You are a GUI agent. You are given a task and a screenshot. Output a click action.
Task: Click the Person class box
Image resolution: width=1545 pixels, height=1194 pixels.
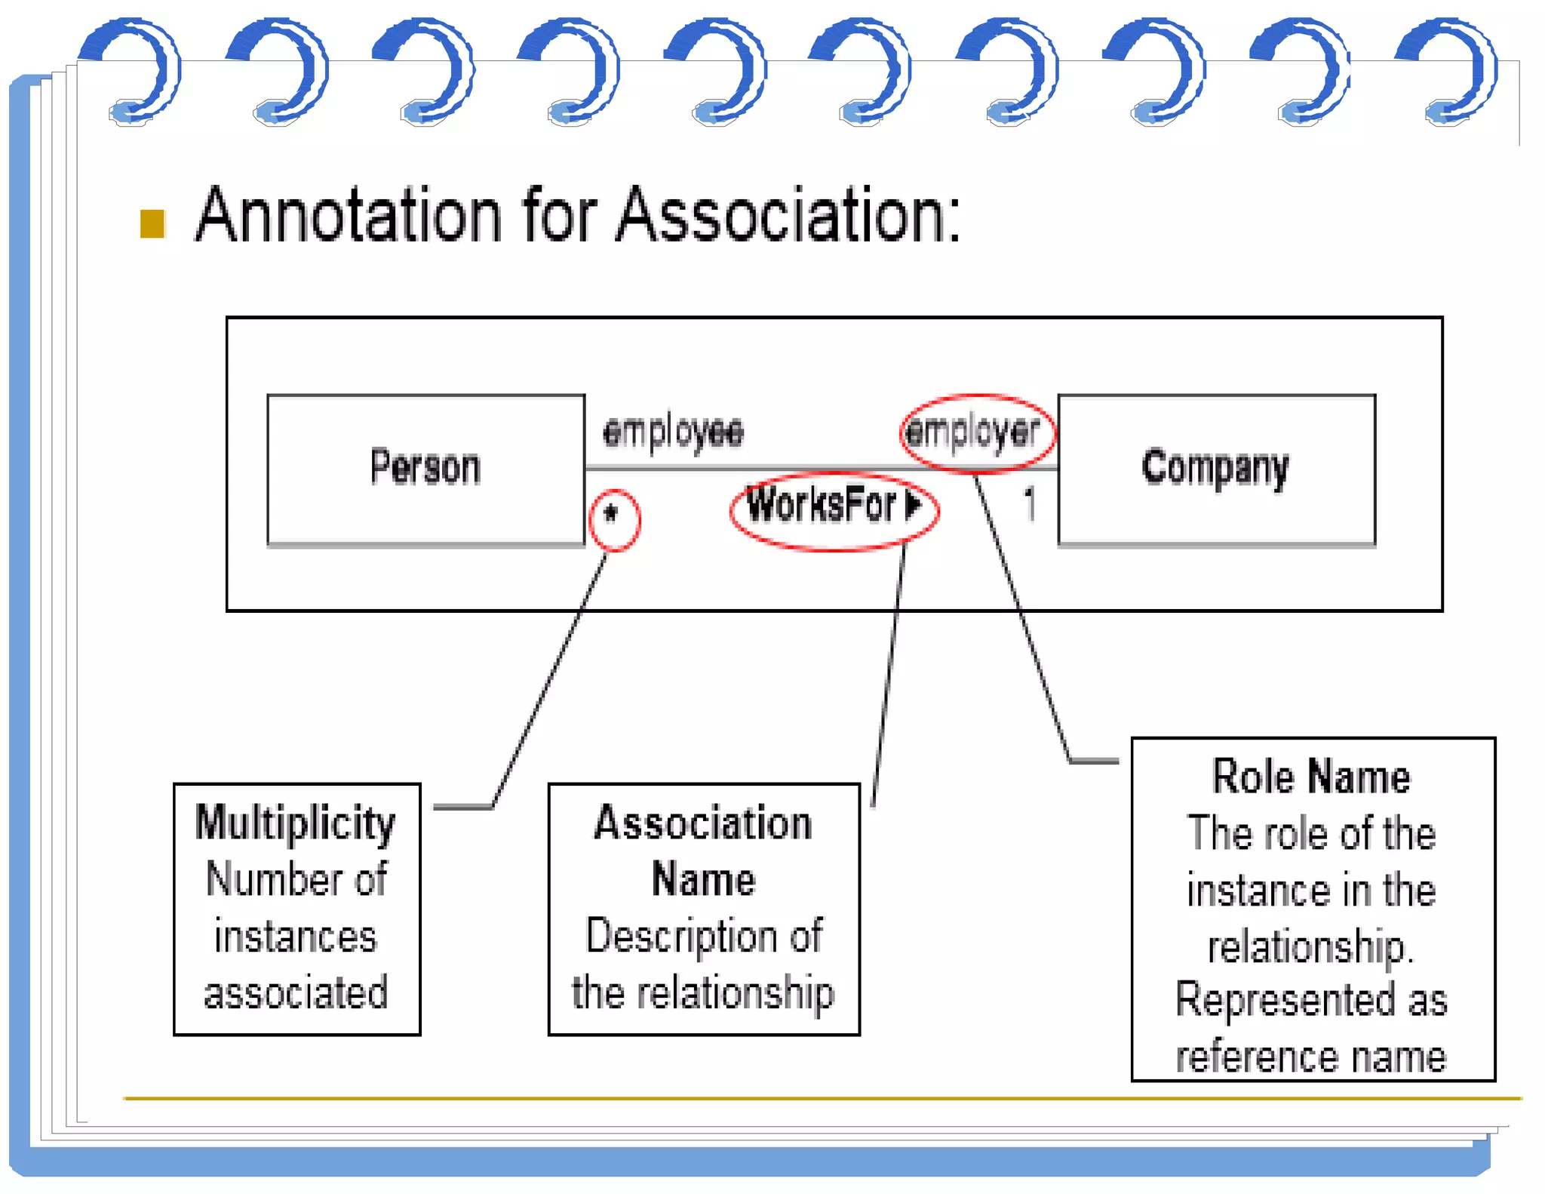click(425, 468)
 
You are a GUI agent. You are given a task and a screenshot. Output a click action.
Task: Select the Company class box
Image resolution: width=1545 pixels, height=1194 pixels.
click(1215, 468)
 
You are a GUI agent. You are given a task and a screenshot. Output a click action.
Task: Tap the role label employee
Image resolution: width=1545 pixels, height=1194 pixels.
click(673, 432)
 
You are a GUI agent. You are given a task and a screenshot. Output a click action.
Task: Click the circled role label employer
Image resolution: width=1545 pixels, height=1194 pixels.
click(973, 432)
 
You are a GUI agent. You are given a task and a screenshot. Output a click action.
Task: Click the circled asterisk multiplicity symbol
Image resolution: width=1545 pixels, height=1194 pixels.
click(612, 515)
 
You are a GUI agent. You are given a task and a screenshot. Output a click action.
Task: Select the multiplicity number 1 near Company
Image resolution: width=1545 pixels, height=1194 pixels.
click(1029, 503)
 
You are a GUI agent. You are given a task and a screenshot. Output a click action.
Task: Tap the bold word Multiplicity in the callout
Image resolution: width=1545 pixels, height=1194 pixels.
click(295, 823)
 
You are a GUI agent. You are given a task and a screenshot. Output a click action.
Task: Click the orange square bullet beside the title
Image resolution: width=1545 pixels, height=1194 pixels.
click(152, 224)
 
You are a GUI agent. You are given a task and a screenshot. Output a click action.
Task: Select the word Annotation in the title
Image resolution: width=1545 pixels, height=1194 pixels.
click(348, 216)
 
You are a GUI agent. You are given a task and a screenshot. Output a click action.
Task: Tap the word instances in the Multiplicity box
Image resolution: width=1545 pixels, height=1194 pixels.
click(295, 937)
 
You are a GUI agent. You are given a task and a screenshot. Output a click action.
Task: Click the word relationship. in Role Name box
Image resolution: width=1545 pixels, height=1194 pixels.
click(1311, 947)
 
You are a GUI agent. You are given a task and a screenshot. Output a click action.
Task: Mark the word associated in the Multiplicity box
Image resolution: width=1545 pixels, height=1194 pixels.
click(296, 993)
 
